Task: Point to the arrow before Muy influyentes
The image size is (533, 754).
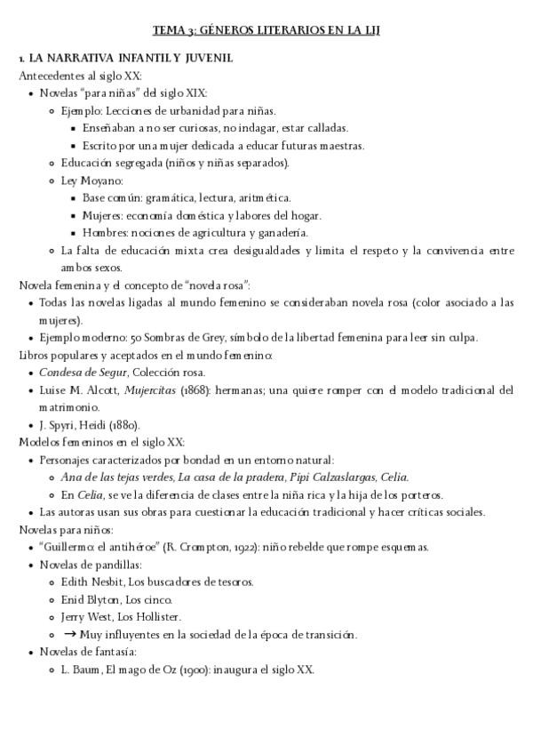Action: (69, 634)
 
